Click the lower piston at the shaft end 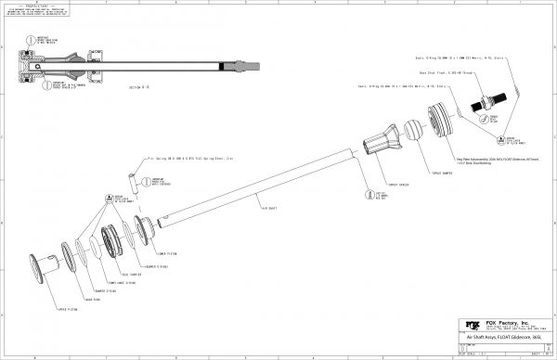[145, 227]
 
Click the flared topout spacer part [381, 144]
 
